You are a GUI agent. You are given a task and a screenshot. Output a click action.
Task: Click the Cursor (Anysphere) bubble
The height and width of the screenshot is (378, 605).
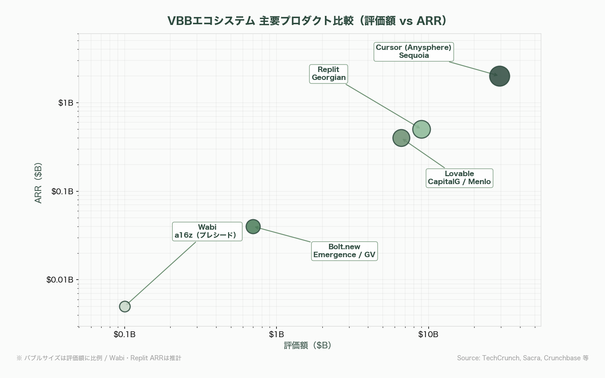point(499,76)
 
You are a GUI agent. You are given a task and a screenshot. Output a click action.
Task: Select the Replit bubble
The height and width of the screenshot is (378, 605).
point(421,129)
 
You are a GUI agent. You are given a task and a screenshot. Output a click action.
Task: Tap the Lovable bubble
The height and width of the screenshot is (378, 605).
point(401,138)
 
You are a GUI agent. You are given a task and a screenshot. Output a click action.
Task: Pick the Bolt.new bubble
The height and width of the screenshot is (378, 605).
point(253,227)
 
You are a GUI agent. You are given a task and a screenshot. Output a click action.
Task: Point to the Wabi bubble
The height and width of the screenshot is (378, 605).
point(125,306)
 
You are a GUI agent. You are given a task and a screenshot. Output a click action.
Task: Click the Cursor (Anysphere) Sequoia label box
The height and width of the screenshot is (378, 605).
point(413,51)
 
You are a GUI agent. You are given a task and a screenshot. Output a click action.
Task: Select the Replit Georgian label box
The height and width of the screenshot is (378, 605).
point(329,73)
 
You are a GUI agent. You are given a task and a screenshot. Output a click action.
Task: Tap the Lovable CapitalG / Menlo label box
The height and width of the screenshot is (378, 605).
point(459,178)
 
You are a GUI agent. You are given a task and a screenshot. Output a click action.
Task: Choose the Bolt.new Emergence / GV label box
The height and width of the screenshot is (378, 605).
point(344,251)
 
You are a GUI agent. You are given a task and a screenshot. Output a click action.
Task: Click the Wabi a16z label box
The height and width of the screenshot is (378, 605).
point(207,231)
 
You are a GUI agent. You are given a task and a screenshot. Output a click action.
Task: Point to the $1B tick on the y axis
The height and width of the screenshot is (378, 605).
point(66,103)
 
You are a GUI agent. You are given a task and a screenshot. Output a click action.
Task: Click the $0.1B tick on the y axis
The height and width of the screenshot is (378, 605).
point(62,191)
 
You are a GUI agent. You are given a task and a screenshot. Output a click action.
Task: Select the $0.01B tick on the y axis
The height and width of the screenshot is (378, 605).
point(60,280)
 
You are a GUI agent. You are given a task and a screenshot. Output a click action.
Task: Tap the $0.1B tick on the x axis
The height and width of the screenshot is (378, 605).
point(125,334)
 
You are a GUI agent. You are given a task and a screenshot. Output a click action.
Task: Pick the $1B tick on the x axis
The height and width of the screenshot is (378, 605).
point(276,334)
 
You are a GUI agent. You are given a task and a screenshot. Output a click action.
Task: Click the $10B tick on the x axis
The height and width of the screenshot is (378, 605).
point(428,334)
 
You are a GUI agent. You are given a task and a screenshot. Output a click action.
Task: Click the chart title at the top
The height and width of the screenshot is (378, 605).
point(307,21)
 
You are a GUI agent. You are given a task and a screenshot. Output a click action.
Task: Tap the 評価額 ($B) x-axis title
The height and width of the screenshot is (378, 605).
point(308,345)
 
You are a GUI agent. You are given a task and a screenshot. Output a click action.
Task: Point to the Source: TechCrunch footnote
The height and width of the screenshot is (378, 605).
point(523,358)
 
